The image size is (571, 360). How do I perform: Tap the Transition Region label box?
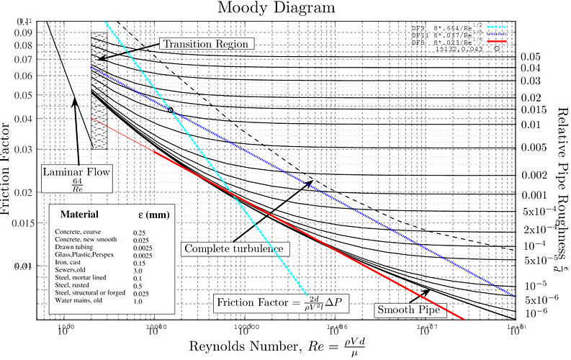click(x=207, y=44)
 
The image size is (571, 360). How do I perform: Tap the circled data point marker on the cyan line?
click(x=171, y=110)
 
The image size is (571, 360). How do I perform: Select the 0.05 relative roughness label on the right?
click(x=531, y=57)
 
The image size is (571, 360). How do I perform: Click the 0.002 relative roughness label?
click(x=534, y=175)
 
